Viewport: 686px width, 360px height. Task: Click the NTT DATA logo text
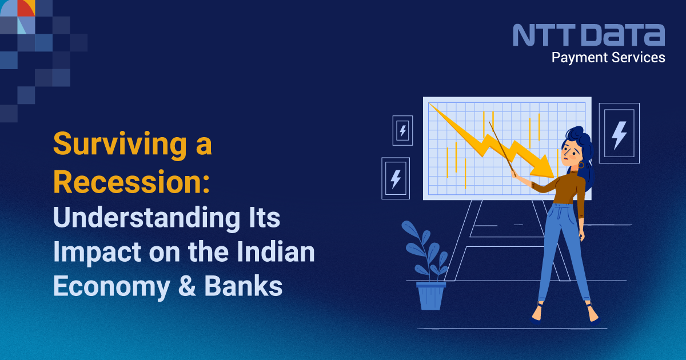[x=589, y=35]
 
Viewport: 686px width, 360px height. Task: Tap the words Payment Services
[x=608, y=58]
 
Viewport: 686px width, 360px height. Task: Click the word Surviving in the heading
[x=119, y=145]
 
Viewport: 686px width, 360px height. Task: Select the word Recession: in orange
[x=131, y=182]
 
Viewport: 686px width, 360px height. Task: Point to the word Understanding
[x=146, y=218]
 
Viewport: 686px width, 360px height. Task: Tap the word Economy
[x=112, y=287]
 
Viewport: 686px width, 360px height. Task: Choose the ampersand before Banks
[x=187, y=286]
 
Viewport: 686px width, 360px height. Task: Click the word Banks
[x=243, y=286]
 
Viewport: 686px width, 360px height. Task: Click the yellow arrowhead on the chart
[x=543, y=167]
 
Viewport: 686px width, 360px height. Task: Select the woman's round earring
[x=581, y=165]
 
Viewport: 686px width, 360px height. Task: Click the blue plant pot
[x=431, y=296]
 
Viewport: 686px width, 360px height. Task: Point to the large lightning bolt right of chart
[x=619, y=135]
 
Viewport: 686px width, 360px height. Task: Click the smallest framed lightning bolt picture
[x=402, y=131]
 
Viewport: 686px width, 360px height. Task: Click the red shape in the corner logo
[x=25, y=8]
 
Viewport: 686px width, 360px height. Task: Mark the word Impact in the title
[x=97, y=253]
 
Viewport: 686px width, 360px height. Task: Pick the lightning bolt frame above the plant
[x=396, y=178]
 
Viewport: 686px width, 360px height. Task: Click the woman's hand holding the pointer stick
[x=514, y=174]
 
